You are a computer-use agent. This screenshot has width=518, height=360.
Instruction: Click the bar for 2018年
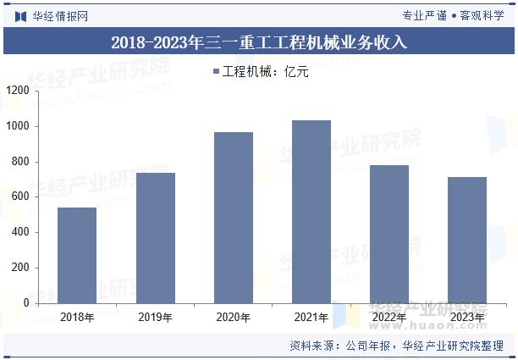pyautogui.click(x=77, y=255)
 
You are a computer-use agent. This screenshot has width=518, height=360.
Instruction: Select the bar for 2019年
pyautogui.click(x=155, y=237)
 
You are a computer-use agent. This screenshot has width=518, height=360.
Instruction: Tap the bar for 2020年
pyautogui.click(x=233, y=217)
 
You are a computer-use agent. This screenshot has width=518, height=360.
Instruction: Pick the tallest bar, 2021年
pyautogui.click(x=311, y=211)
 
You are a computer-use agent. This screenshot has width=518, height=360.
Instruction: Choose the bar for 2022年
pyautogui.click(x=389, y=234)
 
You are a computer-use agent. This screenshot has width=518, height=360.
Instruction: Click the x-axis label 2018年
pyautogui.click(x=77, y=318)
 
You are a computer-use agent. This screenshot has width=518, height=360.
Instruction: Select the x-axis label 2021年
pyautogui.click(x=311, y=318)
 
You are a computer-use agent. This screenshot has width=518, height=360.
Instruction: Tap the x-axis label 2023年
pyautogui.click(x=467, y=318)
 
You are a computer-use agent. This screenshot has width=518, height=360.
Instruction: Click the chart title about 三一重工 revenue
pyautogui.click(x=259, y=42)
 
